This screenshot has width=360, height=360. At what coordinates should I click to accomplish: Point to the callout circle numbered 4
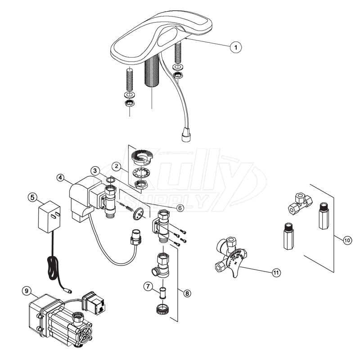[x=60, y=178]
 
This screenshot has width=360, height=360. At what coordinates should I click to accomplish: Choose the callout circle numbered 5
[x=31, y=197]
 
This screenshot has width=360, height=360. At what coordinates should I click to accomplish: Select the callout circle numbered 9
[x=27, y=290]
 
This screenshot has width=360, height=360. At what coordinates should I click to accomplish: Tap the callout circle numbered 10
[x=347, y=240]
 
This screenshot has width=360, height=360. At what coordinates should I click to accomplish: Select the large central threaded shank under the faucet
[x=151, y=76]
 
